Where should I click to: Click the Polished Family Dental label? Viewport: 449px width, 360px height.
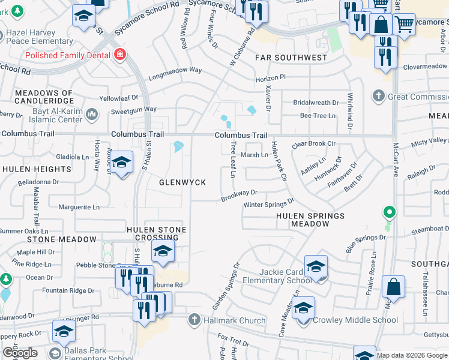coord(68,55)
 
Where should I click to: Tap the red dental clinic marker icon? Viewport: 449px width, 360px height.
coord(121,55)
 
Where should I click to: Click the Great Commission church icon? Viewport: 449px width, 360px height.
coord(378,96)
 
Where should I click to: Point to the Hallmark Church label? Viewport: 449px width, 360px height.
coord(234,320)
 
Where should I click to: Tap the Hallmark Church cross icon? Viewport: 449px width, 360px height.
coord(194,320)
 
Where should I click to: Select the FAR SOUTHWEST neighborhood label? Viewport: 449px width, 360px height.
coord(291,58)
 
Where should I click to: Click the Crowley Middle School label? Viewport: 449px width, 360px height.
coord(355,320)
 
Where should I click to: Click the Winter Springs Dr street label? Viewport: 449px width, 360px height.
coord(268,204)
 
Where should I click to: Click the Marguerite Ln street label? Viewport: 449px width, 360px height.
coord(79,207)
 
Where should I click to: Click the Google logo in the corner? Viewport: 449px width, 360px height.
coord(20,352)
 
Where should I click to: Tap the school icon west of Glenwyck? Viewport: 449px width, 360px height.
coord(122,163)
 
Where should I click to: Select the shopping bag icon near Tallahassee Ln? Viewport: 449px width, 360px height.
coord(393,287)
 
